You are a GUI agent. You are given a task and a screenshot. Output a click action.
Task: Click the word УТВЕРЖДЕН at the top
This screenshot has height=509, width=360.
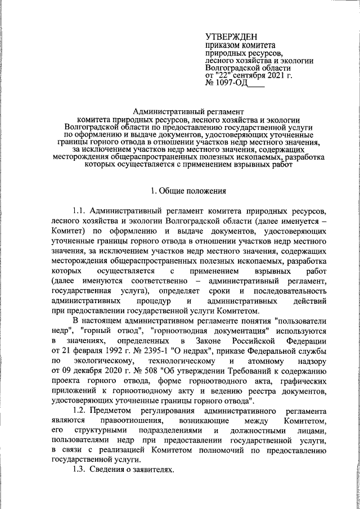pyautogui.click(x=232, y=37)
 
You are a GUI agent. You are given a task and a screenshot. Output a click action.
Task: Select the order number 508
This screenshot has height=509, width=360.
pyautogui.click(x=149, y=372)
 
